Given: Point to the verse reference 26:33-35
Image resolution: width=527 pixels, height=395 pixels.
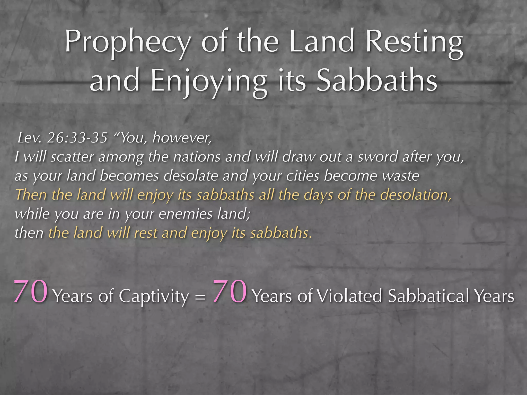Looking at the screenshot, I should pos(77,138).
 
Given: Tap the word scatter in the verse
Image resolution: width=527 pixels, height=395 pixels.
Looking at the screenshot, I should pos(72,157).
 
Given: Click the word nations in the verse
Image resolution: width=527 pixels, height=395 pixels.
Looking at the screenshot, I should pos(197,157).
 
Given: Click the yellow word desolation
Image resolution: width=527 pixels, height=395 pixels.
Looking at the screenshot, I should pos(416,195).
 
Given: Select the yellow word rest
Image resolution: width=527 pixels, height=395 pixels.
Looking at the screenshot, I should pos(146,233).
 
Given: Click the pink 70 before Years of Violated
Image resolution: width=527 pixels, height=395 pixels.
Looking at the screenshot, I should pos(230,292).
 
